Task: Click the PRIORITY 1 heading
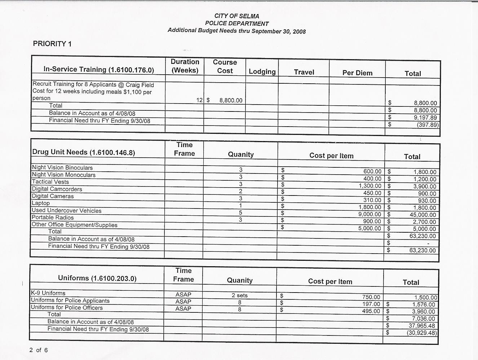point(52,44)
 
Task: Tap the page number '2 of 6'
point(39,350)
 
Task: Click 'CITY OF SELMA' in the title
point(236,16)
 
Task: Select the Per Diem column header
point(357,73)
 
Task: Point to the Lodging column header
point(262,72)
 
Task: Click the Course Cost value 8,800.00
point(231,100)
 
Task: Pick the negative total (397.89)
point(428,125)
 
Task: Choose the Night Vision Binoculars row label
point(62,168)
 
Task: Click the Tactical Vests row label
point(50,182)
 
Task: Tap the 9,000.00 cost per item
point(369,214)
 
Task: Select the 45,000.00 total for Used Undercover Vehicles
point(422,215)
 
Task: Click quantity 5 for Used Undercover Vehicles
point(240,213)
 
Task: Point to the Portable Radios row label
point(53,218)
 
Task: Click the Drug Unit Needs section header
point(84,153)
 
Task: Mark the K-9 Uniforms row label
point(48,293)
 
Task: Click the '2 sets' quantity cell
point(239,295)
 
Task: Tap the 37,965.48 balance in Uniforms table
point(422,326)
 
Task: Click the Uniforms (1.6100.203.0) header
point(97,278)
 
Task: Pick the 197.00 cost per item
point(371,304)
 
